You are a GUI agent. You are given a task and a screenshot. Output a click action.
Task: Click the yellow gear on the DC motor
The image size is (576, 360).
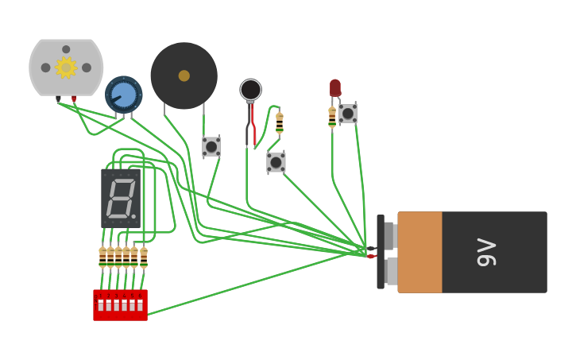click(65, 68)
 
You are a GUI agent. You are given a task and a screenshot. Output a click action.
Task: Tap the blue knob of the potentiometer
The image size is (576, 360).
click(124, 95)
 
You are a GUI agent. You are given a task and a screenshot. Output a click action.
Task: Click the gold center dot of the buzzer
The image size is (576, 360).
click(184, 75)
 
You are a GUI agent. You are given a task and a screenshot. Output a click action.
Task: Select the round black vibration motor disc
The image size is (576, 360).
click(250, 89)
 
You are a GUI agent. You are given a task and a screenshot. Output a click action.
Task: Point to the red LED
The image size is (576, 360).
click(335, 87)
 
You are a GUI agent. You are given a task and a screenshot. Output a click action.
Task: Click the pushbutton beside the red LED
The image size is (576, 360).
click(348, 114)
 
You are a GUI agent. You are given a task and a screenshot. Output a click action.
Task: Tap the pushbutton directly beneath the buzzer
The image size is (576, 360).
click(211, 146)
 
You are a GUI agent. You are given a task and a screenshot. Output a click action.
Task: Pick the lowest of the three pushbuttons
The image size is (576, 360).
click(276, 162)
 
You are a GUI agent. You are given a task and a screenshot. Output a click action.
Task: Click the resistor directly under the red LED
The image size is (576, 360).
click(332, 118)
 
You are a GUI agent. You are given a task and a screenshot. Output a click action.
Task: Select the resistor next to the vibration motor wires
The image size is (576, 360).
click(280, 122)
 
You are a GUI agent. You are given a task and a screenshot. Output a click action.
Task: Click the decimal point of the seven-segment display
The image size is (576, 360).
click(133, 216)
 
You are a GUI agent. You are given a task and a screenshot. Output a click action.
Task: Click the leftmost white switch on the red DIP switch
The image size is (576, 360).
click(101, 305)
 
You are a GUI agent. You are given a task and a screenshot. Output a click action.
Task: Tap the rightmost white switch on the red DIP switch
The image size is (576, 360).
click(140, 305)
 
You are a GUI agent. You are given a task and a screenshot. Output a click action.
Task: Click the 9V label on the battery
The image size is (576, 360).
click(486, 252)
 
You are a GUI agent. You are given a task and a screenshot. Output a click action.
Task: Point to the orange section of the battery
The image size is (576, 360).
click(419, 252)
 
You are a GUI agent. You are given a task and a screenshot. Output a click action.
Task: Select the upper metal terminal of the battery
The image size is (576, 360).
click(389, 235)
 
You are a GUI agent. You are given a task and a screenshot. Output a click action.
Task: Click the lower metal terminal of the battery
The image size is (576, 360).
click(390, 271)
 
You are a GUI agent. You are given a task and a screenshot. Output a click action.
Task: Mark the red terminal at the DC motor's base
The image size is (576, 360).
click(74, 99)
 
